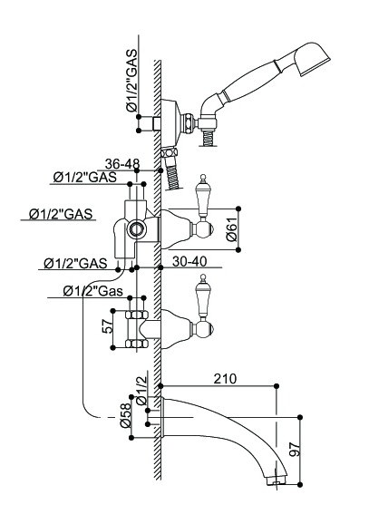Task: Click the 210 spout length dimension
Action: click(x=225, y=379)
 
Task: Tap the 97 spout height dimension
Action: click(x=294, y=449)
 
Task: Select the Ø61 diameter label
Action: click(x=231, y=229)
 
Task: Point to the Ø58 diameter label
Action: click(x=125, y=415)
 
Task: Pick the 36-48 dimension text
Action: click(x=122, y=164)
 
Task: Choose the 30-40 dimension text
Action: click(x=189, y=261)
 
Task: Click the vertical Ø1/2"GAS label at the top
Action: click(x=131, y=80)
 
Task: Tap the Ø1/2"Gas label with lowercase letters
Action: click(x=92, y=291)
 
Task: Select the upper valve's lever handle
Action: click(x=203, y=196)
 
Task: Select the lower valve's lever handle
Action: click(x=203, y=296)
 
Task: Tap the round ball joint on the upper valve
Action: click(x=204, y=229)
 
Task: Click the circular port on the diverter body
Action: click(x=136, y=229)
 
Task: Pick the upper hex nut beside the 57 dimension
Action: click(x=136, y=315)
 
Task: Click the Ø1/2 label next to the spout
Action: click(x=141, y=390)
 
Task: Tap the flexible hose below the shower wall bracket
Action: click(x=172, y=170)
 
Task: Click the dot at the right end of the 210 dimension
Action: click(x=277, y=386)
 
